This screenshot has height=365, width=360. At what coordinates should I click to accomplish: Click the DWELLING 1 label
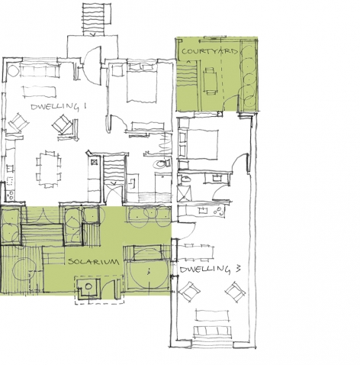58,106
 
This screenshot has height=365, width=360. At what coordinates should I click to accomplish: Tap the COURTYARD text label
210,51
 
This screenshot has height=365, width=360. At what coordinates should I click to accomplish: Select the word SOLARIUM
94,261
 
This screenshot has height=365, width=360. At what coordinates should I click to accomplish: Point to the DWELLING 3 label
210,270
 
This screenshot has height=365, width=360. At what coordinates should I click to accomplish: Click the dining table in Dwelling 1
49,169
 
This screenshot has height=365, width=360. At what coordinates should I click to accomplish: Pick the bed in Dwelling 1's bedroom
142,82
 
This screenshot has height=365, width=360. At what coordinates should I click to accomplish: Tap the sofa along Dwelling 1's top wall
40,70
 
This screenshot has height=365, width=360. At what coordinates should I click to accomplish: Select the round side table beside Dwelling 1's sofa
13,69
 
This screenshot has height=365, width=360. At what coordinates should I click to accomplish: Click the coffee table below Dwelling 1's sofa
40,92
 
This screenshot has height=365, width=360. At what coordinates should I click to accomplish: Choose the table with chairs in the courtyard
210,81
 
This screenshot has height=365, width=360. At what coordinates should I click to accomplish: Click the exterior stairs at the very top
93,19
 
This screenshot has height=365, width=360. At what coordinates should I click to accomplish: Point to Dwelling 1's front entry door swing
94,66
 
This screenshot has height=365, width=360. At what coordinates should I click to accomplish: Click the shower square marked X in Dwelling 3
184,192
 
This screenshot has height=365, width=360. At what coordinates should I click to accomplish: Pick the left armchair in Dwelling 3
189,292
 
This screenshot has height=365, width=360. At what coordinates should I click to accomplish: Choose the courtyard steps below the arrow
187,75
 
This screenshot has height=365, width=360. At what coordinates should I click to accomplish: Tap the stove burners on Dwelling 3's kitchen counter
219,211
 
